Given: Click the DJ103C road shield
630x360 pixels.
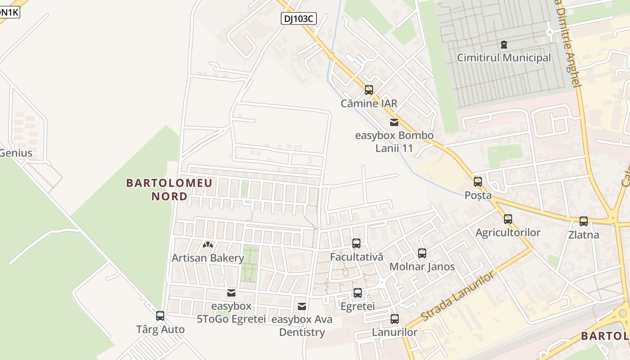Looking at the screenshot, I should (299, 18).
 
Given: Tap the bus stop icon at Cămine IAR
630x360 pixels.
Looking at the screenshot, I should (369, 90).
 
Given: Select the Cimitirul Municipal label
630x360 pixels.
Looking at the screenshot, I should (504, 58).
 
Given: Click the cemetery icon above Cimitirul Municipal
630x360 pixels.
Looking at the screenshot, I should (504, 45).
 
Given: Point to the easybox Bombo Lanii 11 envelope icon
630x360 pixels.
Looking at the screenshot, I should (394, 122).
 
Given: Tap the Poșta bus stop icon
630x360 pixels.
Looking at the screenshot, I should (478, 182).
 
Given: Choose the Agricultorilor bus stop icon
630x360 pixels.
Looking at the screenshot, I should (508, 219).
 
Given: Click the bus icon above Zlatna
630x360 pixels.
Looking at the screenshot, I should (584, 221).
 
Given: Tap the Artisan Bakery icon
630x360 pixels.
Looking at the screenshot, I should (207, 245).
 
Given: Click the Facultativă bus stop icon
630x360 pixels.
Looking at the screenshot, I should (356, 243).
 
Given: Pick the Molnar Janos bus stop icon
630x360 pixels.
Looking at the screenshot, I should (422, 253).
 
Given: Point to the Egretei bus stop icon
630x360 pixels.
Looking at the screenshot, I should (358, 293).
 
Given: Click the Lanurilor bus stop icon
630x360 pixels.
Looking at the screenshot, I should (395, 319).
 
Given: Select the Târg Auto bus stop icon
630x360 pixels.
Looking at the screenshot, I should (160, 316).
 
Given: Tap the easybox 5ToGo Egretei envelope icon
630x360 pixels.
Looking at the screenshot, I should (231, 293).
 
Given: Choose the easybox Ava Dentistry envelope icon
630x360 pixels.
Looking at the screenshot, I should (302, 306).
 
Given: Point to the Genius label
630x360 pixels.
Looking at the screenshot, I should (16, 153).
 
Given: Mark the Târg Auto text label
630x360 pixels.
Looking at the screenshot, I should (160, 329).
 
